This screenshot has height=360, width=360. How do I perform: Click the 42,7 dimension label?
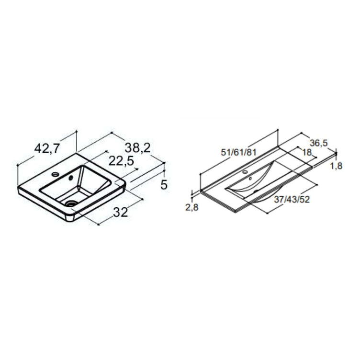(x=47, y=148)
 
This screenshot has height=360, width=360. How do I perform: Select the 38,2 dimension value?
(x=137, y=148)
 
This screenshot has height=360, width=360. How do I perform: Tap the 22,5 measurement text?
(x=121, y=161)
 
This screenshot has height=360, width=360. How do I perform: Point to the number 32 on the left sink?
(x=120, y=212)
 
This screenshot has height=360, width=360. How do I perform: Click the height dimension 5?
(x=164, y=185)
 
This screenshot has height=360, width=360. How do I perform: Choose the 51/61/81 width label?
(x=238, y=152)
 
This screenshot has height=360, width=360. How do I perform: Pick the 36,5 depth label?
(x=319, y=143)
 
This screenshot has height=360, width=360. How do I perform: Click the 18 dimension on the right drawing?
(x=307, y=152)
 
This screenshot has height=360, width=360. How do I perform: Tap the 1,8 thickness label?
(x=336, y=166)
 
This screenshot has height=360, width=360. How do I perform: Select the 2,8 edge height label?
(x=191, y=207)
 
